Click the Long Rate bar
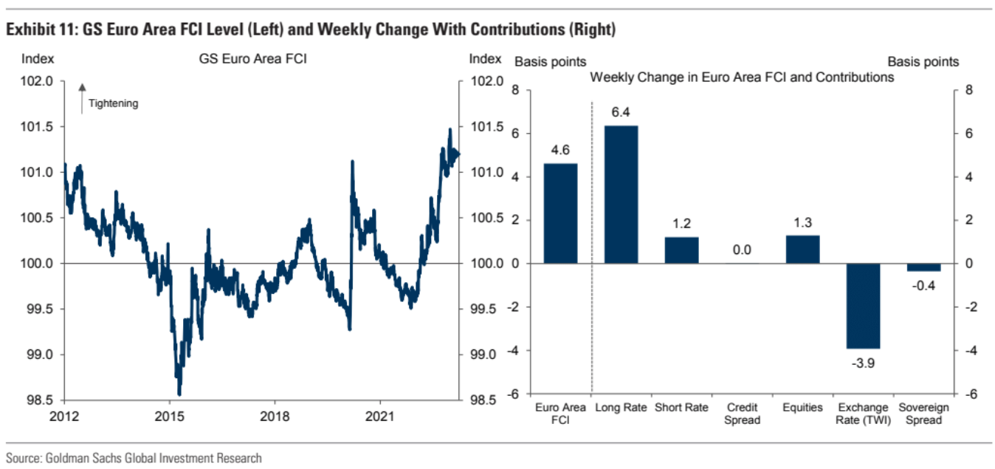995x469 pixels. click(621, 194)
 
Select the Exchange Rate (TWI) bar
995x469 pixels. click(863, 305)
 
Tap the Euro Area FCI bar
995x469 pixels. click(560, 213)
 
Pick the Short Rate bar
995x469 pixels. click(681, 250)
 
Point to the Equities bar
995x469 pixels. click(802, 249)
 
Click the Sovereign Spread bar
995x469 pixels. click(923, 267)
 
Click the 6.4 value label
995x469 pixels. click(621, 112)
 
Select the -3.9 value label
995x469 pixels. click(863, 361)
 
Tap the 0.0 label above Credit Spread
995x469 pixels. click(742, 250)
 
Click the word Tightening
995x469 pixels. click(113, 103)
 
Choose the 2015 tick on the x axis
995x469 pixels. click(169, 415)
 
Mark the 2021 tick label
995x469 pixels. click(380, 415)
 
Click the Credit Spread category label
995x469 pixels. click(742, 414)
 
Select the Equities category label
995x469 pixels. click(802, 408)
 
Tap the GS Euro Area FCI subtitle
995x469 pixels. click(252, 59)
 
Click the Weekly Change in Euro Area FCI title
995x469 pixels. click(742, 77)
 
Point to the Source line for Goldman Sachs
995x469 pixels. click(134, 459)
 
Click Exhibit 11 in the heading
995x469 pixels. click(41, 30)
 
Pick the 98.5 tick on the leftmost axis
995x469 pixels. click(40, 400)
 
